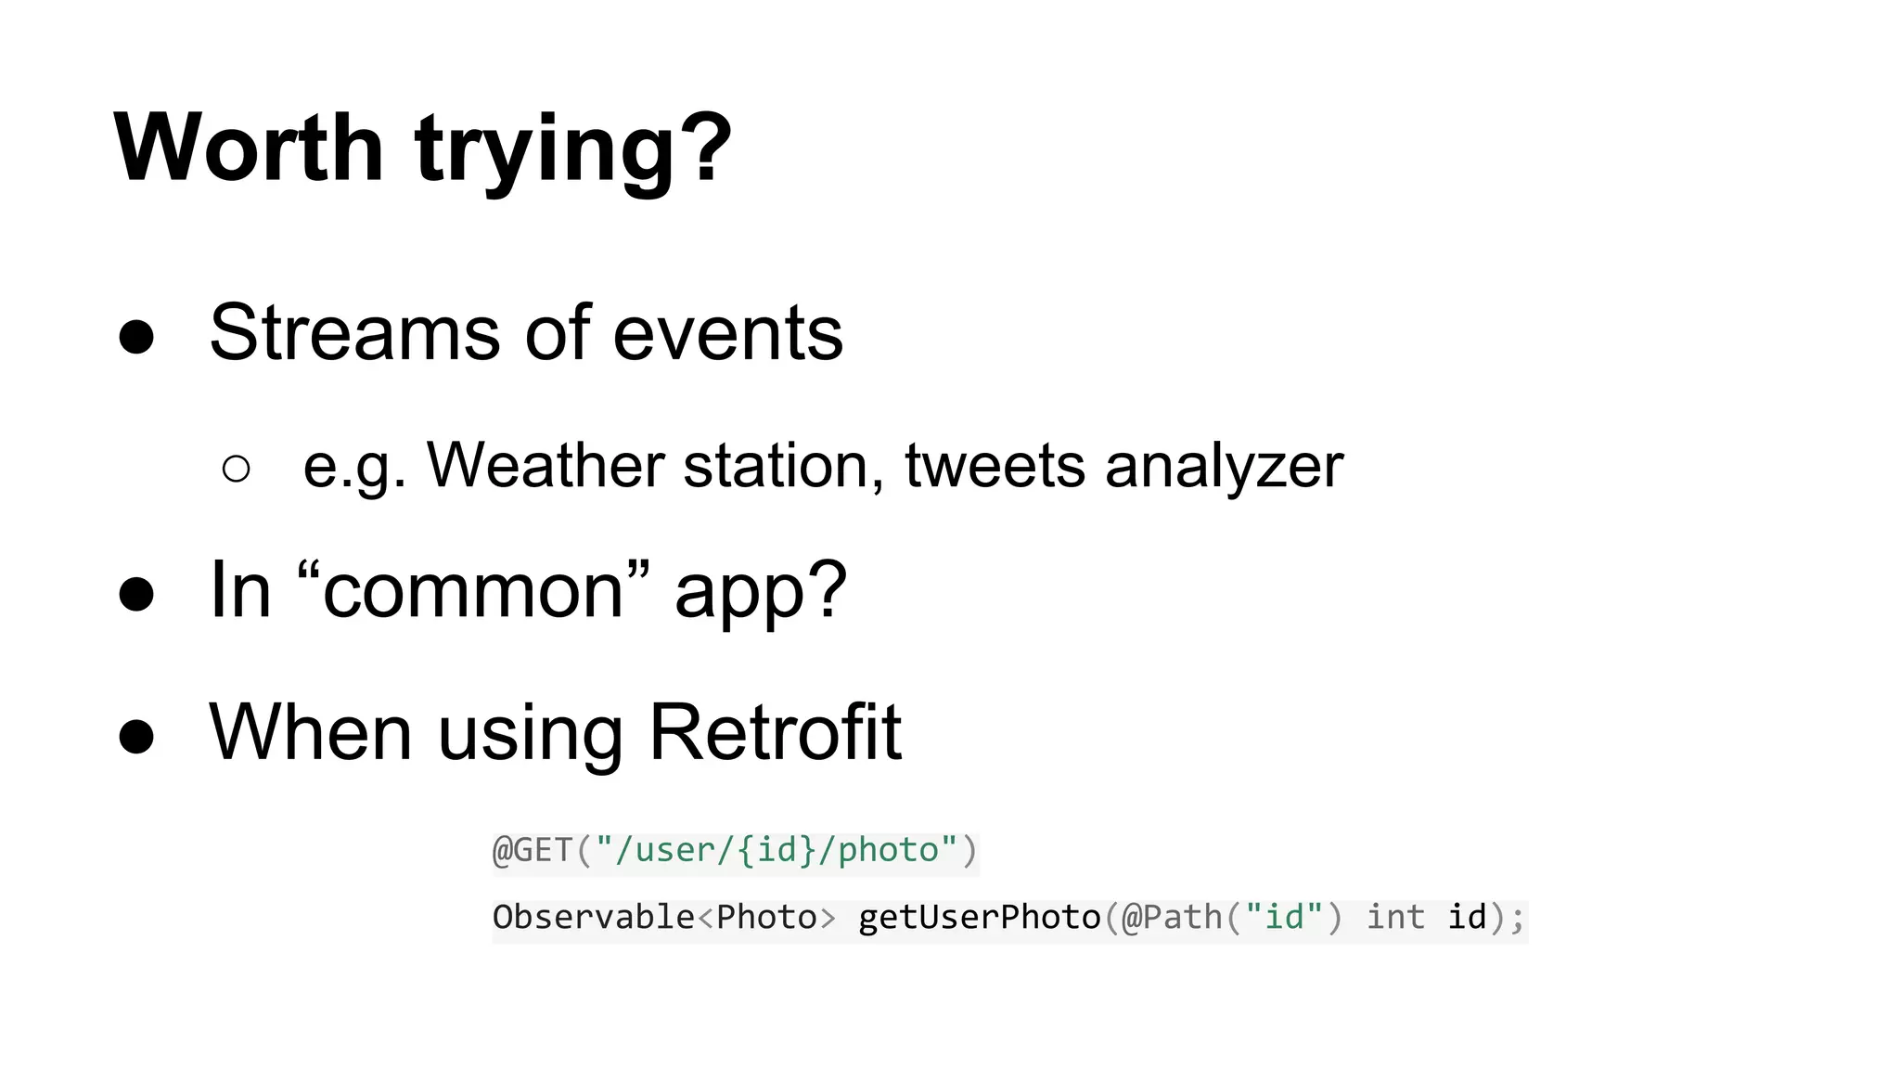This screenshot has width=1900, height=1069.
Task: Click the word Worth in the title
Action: pos(249,148)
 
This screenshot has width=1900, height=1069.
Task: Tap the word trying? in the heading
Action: pos(573,150)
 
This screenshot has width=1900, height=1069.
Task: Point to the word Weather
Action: pos(545,465)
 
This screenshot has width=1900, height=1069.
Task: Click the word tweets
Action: pos(995,465)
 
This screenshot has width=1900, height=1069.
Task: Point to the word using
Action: pos(530,735)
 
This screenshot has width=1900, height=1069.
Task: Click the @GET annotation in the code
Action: pos(533,850)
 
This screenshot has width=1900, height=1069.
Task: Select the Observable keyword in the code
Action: pos(593,917)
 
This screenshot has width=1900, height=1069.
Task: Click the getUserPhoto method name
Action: pos(979,917)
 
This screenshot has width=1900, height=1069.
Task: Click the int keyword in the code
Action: pos(1395,917)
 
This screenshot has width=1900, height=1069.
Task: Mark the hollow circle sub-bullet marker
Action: pos(237,469)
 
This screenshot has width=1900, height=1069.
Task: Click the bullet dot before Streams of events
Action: pos(136,337)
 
